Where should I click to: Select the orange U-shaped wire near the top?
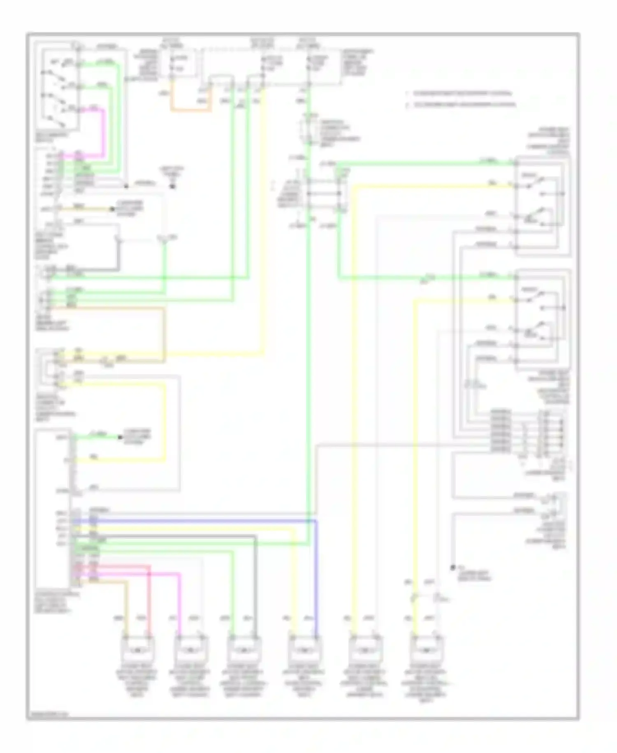coord(191,110)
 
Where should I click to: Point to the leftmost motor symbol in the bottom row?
coord(137,650)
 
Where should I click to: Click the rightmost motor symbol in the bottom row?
coord(426,650)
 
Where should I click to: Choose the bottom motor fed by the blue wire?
coord(305,650)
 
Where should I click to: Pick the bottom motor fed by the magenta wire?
coord(191,650)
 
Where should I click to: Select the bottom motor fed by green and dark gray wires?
coord(244,650)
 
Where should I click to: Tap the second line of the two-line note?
coord(461,105)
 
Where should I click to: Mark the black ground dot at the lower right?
coord(453,568)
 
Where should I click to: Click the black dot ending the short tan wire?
coord(112,209)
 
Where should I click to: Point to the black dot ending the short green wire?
coord(120,437)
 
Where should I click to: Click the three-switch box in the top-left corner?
coord(58,89)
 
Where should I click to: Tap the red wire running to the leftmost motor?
coord(149,597)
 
